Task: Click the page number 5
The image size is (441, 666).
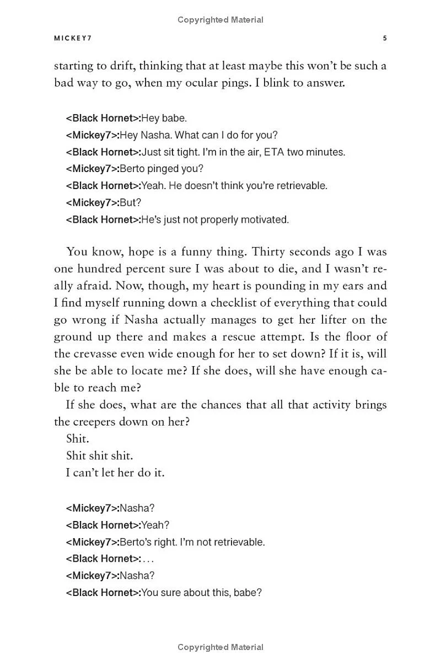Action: (x=385, y=39)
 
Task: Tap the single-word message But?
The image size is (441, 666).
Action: (x=131, y=202)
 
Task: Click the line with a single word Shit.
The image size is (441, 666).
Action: (x=77, y=439)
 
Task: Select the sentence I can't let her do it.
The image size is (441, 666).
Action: (x=115, y=472)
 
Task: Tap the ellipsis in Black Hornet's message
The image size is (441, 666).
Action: (x=148, y=559)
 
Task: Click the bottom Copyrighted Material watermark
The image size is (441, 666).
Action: (x=220, y=647)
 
